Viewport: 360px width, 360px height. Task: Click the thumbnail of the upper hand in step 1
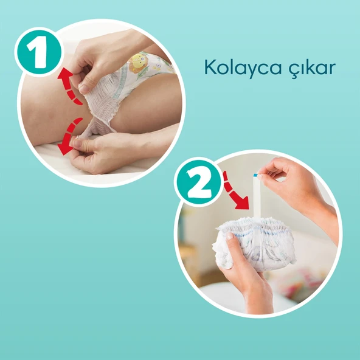(85, 88)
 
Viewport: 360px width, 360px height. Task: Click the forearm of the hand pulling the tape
(322, 210)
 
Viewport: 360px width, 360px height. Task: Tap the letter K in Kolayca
(210, 67)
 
